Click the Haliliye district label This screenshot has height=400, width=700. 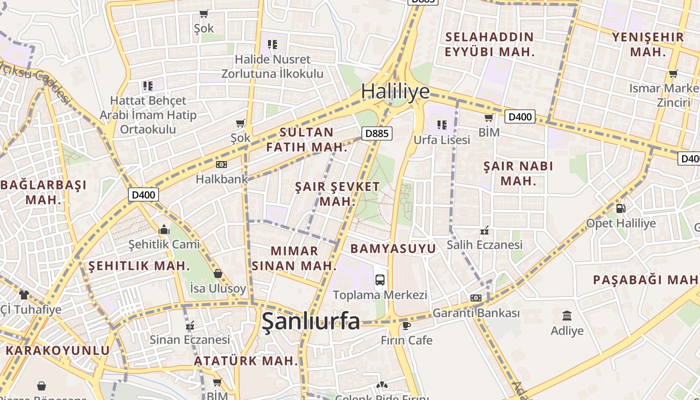coord(395,91)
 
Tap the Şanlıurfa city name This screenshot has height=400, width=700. coord(310,321)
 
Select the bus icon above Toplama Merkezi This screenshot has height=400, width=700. coord(380,279)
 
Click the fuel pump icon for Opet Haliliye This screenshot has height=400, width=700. coord(620,208)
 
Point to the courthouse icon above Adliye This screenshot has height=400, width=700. coord(567,316)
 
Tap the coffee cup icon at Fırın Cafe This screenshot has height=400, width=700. coord(406,326)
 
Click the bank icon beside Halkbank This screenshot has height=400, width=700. coord(221,164)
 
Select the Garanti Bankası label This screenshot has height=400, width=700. coord(476,313)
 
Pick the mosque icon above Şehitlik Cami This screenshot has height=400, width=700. coord(164,230)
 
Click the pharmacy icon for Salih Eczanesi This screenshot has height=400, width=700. coord(484,230)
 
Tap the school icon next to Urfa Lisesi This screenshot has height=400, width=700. coord(441,124)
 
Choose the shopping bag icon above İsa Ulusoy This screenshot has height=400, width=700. coord(218,273)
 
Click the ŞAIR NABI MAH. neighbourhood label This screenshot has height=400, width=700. coord(518,173)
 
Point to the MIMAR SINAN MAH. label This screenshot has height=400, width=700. coord(294,258)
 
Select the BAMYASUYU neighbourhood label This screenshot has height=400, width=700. coord(393,248)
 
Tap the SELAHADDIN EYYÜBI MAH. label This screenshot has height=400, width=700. coord(489,44)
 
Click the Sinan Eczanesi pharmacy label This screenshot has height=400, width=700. coord(190,340)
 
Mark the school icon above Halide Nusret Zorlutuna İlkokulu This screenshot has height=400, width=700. coord(272,44)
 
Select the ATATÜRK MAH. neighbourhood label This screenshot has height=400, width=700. coord(246,360)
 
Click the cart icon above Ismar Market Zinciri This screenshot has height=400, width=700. coord(673,74)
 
